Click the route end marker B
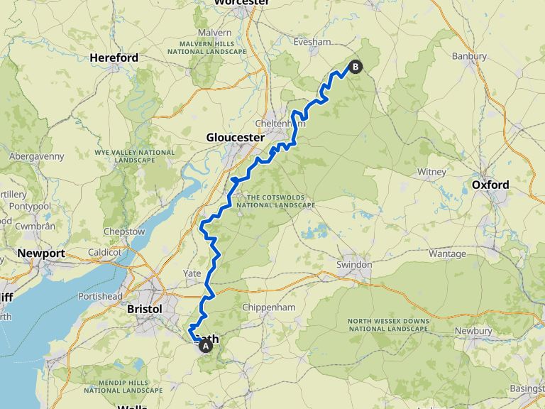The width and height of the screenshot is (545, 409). pos(355,67)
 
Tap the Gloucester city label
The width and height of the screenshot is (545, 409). pos(235,137)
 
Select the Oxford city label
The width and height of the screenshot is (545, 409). pos(490,185)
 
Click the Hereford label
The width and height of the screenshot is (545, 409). pos(114,58)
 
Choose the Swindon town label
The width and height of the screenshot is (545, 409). pos(354,265)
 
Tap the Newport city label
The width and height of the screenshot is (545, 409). pos(41,253)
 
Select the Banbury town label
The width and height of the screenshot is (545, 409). pos(469,56)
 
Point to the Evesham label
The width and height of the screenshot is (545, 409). pos(312,42)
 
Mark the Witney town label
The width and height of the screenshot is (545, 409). pos(431,172)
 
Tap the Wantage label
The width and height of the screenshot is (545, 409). pos(447,253)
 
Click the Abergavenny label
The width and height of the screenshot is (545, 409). pos(36,156)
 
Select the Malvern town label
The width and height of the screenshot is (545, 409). pos(214,33)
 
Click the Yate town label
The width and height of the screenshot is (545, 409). pos(192,273)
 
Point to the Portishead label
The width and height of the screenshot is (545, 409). pos(101,296)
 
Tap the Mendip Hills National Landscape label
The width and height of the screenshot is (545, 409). pos(115,384)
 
